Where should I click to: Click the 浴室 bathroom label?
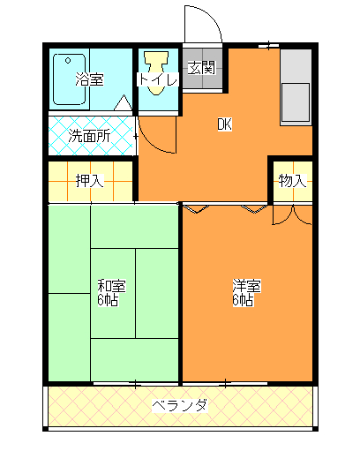coord(89,79)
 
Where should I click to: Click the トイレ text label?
coord(159,80)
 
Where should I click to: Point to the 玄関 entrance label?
coord(201,67)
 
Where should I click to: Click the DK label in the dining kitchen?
coord(224,124)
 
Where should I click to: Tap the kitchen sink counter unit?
coord(296,88)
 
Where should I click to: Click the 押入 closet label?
coord(89,182)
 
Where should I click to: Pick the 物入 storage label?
coord(292,182)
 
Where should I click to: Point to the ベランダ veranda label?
coord(179,406)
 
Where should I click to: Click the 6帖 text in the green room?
coord(108,300)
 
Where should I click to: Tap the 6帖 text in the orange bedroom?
coord(243,300)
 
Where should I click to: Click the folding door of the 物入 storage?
coord(292,214)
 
